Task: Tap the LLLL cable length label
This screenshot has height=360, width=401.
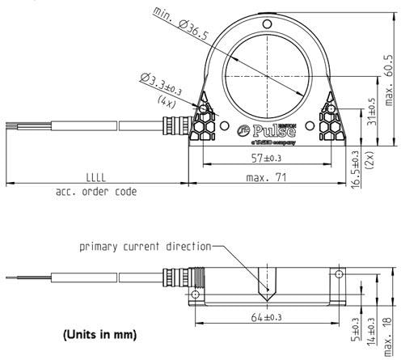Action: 96,178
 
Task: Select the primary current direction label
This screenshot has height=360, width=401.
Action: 144,246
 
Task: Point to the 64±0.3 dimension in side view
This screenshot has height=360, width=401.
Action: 267,318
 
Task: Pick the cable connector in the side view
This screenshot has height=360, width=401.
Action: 179,283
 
